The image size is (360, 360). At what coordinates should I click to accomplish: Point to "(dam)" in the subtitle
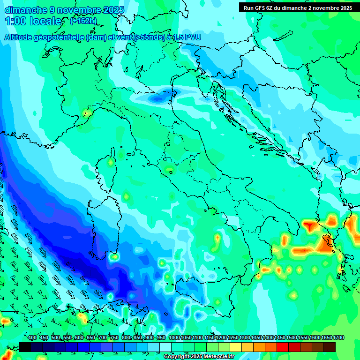point(97,37)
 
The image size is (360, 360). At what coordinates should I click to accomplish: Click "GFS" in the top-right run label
point(259,8)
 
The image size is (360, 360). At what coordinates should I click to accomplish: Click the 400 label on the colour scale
point(32,338)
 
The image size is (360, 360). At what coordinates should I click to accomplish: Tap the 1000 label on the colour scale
point(174,338)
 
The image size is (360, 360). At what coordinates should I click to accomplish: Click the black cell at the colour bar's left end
point(25,347)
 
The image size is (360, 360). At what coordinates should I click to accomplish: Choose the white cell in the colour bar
point(165,347)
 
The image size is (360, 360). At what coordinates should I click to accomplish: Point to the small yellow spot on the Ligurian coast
point(85,112)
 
